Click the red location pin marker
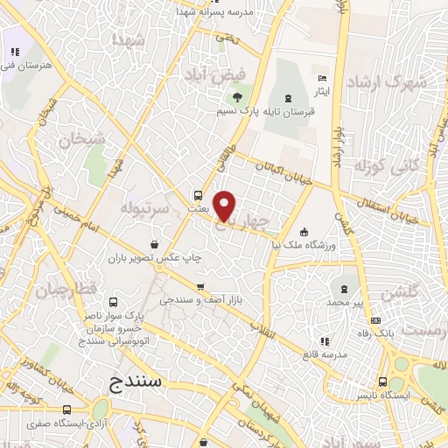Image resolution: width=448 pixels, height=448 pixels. pyautogui.click(x=225, y=206)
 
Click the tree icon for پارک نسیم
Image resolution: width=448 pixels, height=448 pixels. pyautogui.click(x=237, y=96)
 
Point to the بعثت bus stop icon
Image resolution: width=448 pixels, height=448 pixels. pyautogui.click(x=198, y=195)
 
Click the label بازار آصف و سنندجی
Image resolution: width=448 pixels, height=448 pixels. pyautogui.click(x=200, y=300)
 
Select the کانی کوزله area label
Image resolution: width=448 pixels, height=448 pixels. pyautogui.click(x=383, y=165)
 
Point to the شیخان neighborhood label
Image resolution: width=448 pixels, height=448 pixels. pyautogui.click(x=81, y=138)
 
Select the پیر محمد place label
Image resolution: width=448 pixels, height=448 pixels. pyautogui.click(x=343, y=301)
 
